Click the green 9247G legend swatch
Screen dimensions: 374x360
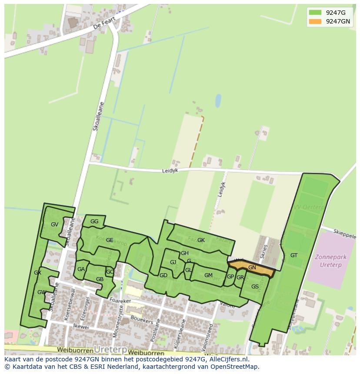pos(315,13)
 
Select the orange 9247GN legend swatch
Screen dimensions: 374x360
pos(315,21)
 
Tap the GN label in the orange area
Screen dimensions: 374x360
pos(252,268)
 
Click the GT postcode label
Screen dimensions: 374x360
pos(294,255)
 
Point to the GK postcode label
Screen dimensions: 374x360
pos(201,240)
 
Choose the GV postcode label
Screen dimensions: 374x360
pos(54,225)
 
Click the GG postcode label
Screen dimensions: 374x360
pos(94,222)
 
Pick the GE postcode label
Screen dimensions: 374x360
pos(110,240)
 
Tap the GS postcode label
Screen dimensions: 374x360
pos(255,286)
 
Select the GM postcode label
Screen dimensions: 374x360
pos(208,275)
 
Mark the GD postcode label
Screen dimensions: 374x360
pos(163,275)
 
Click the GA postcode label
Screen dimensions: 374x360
pos(81,269)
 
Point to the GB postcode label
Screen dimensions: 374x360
pos(100,279)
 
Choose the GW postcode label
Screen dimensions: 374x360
pos(42,292)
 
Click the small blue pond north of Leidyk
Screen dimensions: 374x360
pos(218,101)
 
